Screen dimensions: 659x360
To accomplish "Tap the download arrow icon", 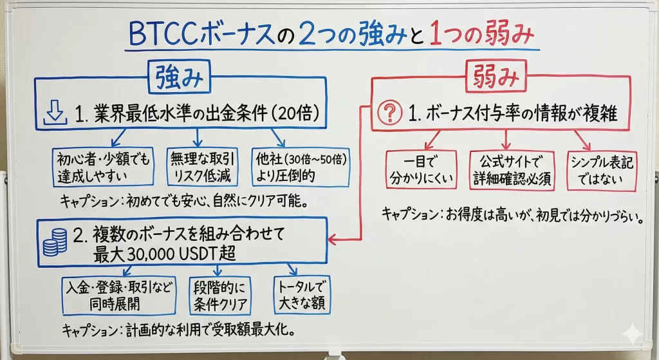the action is pos(55,112).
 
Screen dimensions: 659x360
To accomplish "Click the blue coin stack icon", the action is pos(55,243).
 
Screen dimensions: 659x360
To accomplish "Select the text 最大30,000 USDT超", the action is pos(164,254).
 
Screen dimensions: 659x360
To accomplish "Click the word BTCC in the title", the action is pos(163,35).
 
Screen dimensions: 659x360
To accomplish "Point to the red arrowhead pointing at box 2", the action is pos(331,240).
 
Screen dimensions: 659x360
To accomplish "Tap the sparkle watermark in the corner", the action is pos(633,336).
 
